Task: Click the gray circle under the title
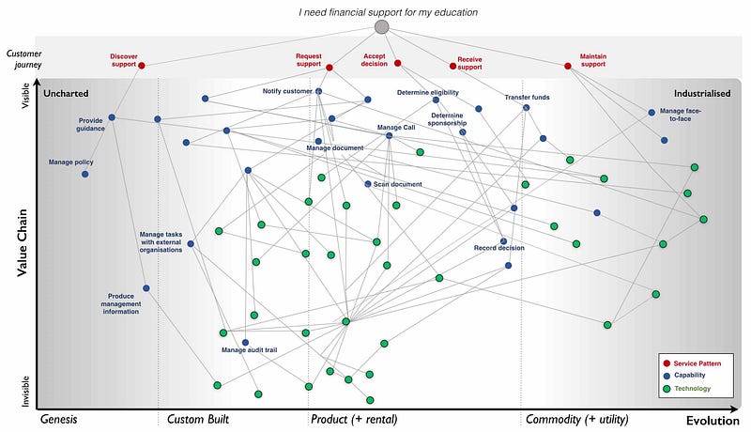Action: [x=381, y=27]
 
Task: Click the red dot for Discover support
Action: [x=142, y=65]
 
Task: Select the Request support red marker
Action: [x=329, y=67]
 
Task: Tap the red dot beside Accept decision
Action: [x=398, y=63]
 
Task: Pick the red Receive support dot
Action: [x=452, y=66]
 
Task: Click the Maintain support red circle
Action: [x=568, y=66]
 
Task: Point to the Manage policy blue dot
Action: [x=85, y=174]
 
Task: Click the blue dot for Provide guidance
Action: [x=112, y=117]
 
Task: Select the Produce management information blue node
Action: [x=146, y=288]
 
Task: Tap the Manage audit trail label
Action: [x=249, y=350]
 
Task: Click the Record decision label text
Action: [x=498, y=248]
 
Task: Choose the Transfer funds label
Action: [x=527, y=97]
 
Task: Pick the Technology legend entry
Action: [x=692, y=389]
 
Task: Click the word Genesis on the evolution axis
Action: [x=65, y=419]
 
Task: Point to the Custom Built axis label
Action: [x=197, y=419]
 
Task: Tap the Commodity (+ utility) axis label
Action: [x=576, y=419]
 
